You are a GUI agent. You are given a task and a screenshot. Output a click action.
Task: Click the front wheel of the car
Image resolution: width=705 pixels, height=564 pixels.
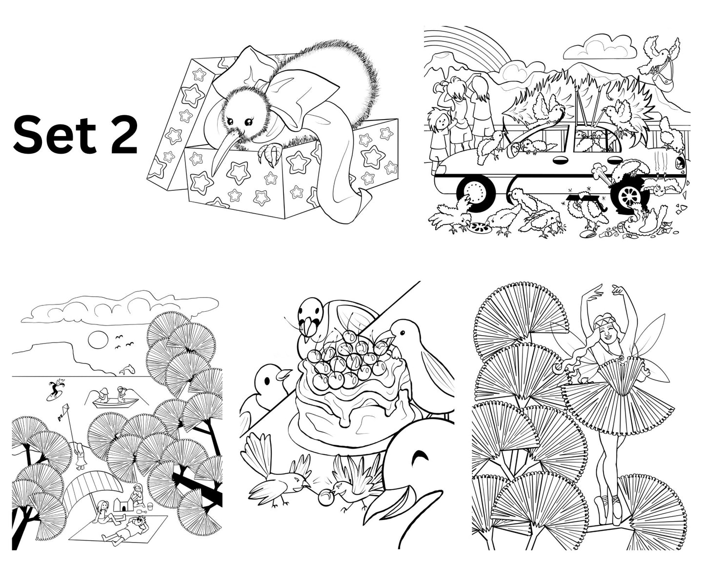476,192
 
